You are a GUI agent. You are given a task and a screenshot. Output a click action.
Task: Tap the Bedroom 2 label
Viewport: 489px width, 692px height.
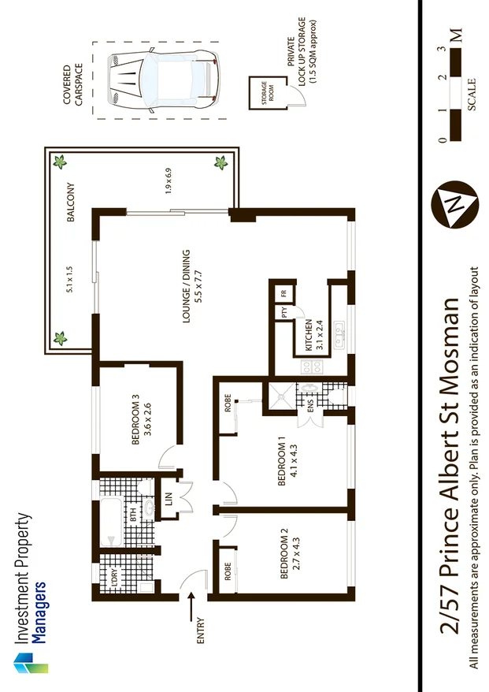[291, 559]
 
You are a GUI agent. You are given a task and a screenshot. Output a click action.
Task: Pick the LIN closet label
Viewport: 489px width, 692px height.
[169, 500]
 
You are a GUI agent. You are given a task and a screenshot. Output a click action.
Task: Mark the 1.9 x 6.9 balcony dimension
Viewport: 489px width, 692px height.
[168, 180]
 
